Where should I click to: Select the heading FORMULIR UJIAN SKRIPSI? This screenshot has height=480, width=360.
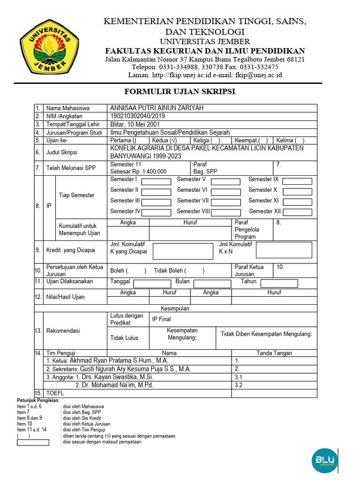tap(180, 91)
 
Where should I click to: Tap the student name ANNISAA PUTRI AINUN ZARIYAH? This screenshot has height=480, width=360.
tap(157, 108)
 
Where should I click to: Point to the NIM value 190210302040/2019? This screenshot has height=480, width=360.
tap(137, 116)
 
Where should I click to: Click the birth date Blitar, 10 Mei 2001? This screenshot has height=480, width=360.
tap(135, 124)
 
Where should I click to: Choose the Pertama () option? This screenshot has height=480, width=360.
tap(123, 140)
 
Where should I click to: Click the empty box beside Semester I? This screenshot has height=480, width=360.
tap(156, 181)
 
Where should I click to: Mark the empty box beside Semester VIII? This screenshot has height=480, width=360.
tap(226, 212)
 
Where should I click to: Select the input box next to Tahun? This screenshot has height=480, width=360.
tap(279, 283)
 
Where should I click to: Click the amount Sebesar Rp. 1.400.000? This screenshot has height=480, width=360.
tap(138, 172)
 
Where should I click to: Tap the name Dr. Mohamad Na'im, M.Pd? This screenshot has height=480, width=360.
tap(114, 385)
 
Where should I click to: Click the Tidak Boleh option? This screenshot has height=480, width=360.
tap(179, 270)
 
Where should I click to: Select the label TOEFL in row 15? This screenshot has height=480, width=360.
tap(55, 393)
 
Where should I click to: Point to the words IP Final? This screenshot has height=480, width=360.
tap(161, 319)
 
